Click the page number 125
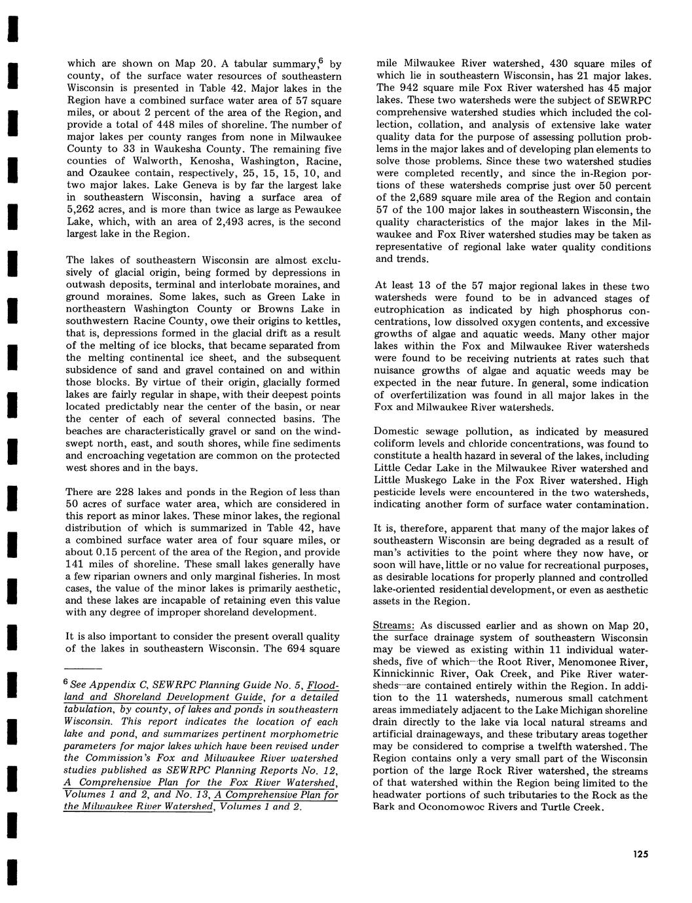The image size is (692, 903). [x=640, y=853]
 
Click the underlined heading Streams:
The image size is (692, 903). [x=394, y=625]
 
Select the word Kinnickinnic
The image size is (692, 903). [x=404, y=673]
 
